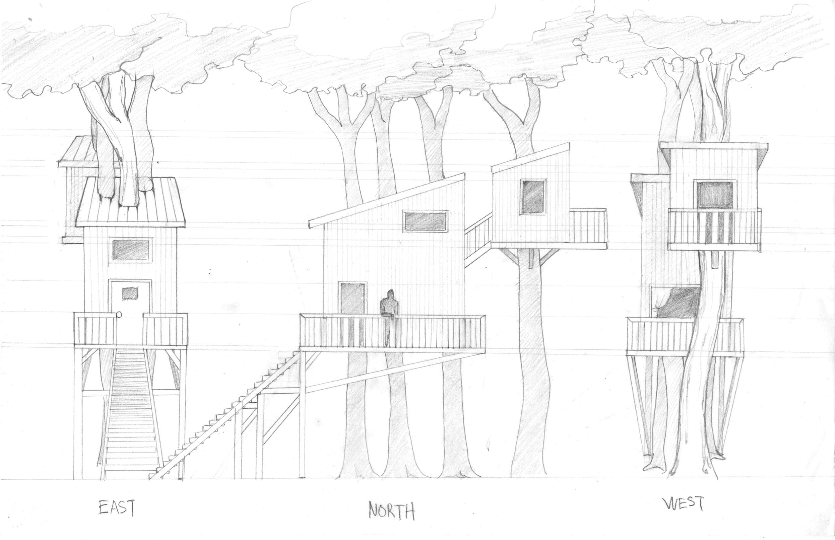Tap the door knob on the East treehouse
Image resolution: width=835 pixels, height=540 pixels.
click(x=119, y=315)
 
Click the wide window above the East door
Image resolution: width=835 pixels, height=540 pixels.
click(x=131, y=250)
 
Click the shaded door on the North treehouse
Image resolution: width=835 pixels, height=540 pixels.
click(x=352, y=299)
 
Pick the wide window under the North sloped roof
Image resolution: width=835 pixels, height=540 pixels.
click(x=426, y=221)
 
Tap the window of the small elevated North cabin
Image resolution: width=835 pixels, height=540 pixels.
click(x=533, y=196)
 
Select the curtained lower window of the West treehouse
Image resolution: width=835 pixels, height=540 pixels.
click(x=674, y=302)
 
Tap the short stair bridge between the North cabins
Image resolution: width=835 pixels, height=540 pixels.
click(x=478, y=238)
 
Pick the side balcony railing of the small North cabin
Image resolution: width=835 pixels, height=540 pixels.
click(x=588, y=226)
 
